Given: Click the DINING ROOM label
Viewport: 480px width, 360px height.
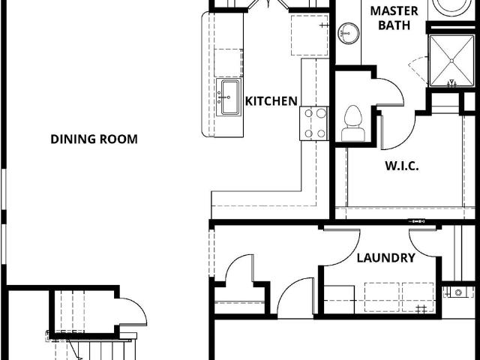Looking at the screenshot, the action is click(94, 139).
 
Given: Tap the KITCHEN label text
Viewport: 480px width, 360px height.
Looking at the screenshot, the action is click(271, 101).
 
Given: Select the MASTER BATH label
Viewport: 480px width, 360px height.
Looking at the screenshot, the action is click(394, 18).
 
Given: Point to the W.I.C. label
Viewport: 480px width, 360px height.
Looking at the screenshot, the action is click(402, 166).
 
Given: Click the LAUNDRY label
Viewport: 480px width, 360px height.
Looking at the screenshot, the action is click(386, 258).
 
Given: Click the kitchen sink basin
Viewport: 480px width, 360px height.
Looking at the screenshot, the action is click(229, 97).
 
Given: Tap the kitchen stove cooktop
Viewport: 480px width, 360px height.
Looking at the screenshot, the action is click(314, 123).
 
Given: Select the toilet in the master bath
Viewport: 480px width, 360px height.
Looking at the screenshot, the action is click(353, 123).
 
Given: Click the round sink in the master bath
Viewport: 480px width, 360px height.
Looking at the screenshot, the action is click(348, 33).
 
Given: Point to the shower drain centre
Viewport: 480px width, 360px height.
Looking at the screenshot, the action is click(451, 61).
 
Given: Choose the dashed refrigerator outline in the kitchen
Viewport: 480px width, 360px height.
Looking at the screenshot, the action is click(310, 35).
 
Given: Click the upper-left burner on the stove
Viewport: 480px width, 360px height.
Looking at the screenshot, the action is click(308, 113).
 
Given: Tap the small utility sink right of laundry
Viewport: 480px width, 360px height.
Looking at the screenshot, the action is click(458, 292).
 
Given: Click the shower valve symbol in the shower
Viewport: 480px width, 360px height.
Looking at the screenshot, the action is click(451, 82).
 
